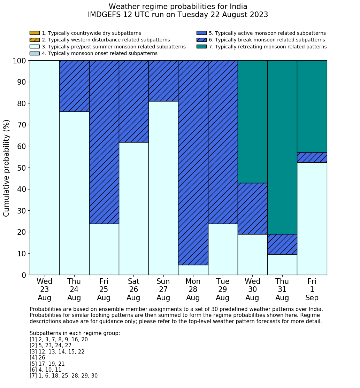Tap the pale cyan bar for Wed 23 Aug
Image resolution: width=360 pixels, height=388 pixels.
pyautogui.click(x=45, y=168)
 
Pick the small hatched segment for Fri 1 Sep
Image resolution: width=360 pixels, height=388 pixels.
pyautogui.click(x=312, y=157)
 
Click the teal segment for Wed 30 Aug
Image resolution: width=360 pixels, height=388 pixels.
pyautogui.click(x=252, y=122)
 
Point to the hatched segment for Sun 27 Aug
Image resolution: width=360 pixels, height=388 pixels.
pyautogui.click(x=163, y=81)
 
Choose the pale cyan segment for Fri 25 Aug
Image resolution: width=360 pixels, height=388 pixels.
pyautogui.click(x=104, y=249)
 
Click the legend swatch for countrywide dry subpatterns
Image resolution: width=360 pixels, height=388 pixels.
pyautogui.click(x=35, y=33)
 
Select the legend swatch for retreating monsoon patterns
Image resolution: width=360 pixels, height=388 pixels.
pyautogui.click(x=201, y=47)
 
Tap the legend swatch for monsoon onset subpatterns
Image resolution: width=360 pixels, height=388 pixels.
pyautogui.click(x=35, y=53)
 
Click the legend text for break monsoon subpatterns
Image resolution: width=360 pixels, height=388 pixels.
pyautogui.click(x=267, y=40)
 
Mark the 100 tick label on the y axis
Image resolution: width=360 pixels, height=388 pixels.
pyautogui.click(x=20, y=61)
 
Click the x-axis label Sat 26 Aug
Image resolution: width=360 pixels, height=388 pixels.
pyautogui.click(x=133, y=289)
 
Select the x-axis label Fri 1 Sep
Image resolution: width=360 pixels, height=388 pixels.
pyautogui.click(x=312, y=289)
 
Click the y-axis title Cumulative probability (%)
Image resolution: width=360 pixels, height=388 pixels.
pyautogui.click(x=7, y=168)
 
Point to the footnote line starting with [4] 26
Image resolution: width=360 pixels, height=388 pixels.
pyautogui.click(x=37, y=358)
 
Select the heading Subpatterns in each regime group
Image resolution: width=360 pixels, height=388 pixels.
pyautogui.click(x=75, y=333)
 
